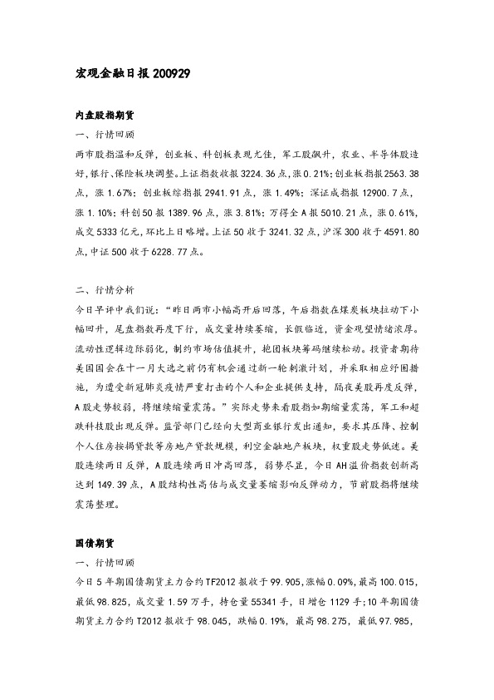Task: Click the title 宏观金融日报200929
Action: click(x=134, y=73)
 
